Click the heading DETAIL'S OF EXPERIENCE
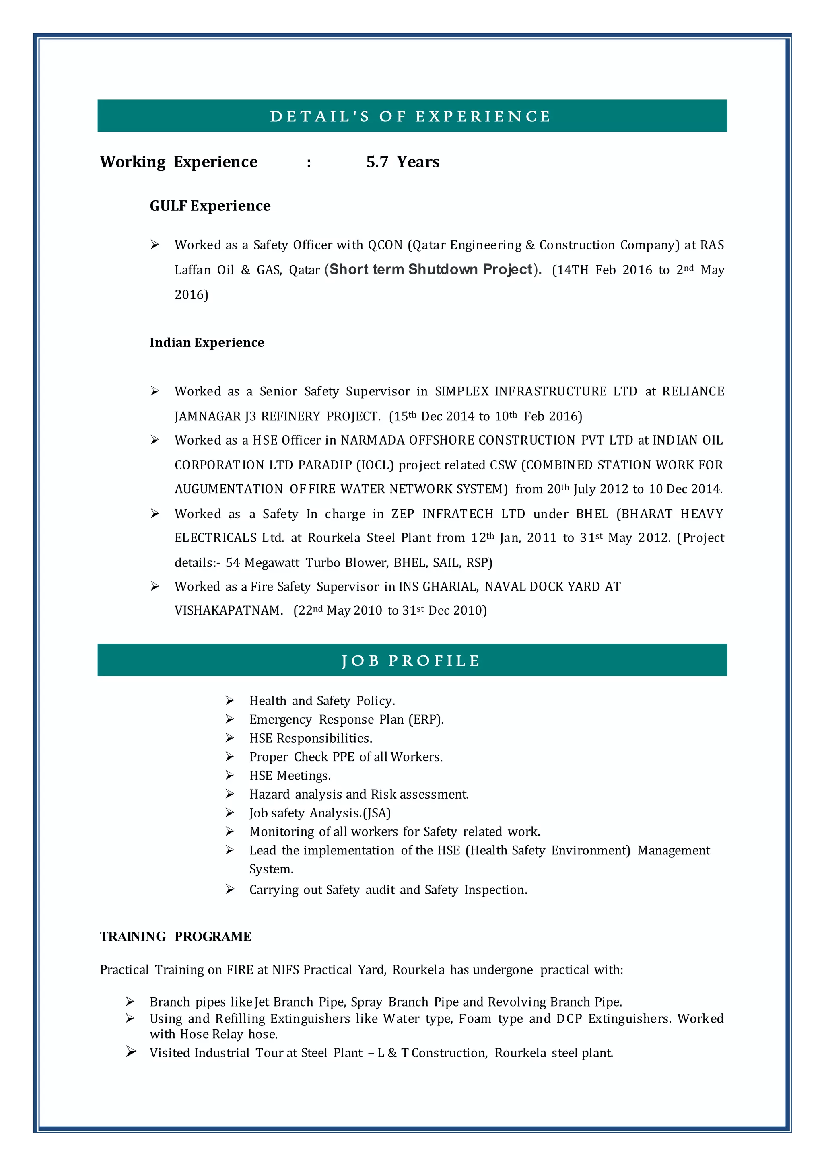click(410, 116)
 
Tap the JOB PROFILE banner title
click(410, 661)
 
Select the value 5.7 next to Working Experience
click(377, 162)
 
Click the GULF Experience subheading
click(210, 206)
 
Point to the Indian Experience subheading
click(206, 342)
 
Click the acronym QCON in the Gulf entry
click(385, 245)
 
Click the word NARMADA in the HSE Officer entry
click(373, 440)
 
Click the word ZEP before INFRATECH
click(402, 514)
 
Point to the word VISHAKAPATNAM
click(228, 610)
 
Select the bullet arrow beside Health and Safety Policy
click(230, 701)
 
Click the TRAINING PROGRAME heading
click(175, 936)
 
